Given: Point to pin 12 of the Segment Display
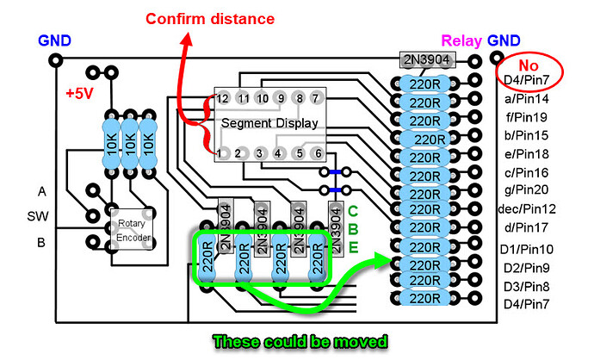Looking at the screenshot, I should [x=223, y=98].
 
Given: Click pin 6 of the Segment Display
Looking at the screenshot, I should [x=317, y=153].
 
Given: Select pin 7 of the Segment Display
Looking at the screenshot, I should [x=317, y=98].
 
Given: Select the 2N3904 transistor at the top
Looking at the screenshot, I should [x=427, y=59].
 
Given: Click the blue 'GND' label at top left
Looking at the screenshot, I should [x=54, y=40].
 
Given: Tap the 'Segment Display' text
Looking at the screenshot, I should [x=269, y=123].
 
